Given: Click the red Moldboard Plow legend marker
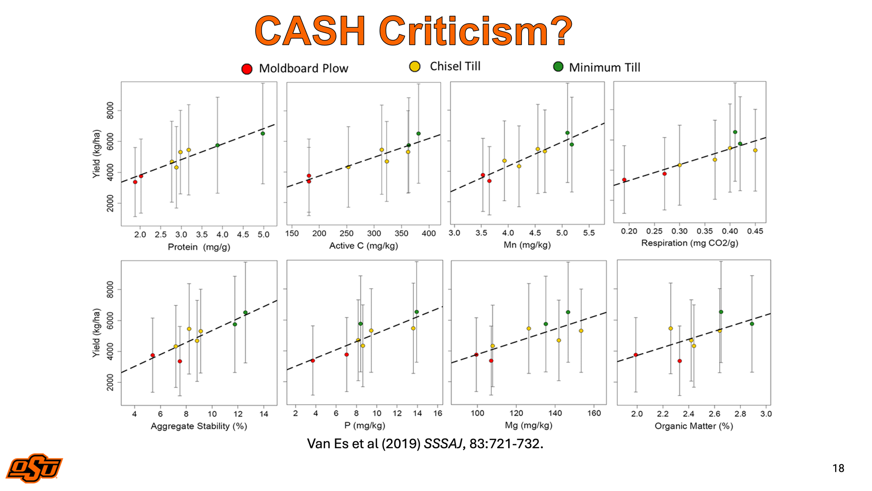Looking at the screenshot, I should pyautogui.click(x=247, y=69).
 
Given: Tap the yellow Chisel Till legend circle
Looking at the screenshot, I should pyautogui.click(x=415, y=67).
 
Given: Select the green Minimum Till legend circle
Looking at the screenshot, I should pyautogui.click(x=558, y=67).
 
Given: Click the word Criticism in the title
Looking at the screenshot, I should pyautogui.click(x=475, y=31).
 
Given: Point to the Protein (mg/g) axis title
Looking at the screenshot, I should pyautogui.click(x=199, y=247).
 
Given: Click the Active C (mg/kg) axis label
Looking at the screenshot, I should pyautogui.click(x=363, y=246).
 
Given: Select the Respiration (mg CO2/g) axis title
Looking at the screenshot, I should pyautogui.click(x=689, y=243).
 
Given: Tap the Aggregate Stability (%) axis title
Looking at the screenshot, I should pyautogui.click(x=198, y=426).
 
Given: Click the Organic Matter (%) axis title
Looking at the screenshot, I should pyautogui.click(x=694, y=426).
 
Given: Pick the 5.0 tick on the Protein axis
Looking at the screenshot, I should pyautogui.click(x=263, y=235).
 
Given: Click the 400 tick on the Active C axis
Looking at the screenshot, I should pyautogui.click(x=429, y=233).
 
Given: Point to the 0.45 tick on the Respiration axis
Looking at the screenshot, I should pyautogui.click(x=755, y=231).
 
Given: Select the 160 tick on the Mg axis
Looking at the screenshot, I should pyautogui.click(x=594, y=413).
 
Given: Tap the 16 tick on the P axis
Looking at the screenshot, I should pyautogui.click(x=438, y=413).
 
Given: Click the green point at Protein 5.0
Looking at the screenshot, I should pyautogui.click(x=263, y=134).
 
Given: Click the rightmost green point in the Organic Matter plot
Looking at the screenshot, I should pyautogui.click(x=752, y=324).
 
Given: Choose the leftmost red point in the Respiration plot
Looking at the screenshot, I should pyautogui.click(x=624, y=180).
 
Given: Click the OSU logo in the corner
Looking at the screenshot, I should pyautogui.click(x=34, y=467).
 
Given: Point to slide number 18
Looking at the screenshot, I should pyautogui.click(x=838, y=468).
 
